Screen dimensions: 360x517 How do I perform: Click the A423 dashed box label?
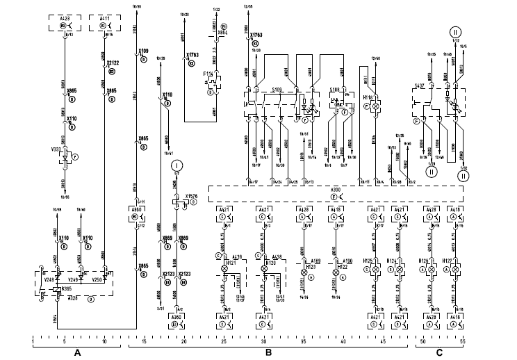[x=63, y=17]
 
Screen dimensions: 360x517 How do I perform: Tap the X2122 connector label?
[x=113, y=63]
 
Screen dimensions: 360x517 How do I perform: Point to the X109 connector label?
[x=143, y=51]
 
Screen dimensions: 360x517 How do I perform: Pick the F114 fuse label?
[x=208, y=73]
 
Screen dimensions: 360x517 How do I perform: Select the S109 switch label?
[x=277, y=90]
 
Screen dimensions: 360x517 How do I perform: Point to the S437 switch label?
[x=419, y=85]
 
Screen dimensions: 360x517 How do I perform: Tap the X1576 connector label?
[x=192, y=197]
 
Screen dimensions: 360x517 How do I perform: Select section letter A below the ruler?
[x=78, y=352]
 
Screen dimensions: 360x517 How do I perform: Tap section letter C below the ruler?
[x=438, y=352]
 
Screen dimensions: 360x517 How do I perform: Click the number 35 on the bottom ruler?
[x=303, y=342]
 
